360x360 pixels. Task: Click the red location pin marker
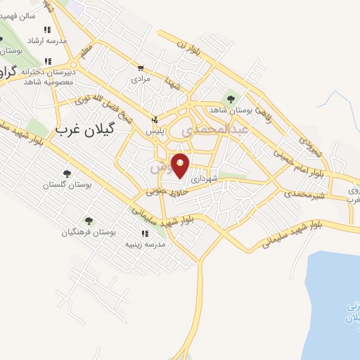coord(181,165)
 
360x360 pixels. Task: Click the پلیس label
coord(155,131)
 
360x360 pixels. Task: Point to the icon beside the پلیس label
coord(155,120)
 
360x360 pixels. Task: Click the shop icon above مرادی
coord(141,68)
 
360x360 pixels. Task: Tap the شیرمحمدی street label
coord(306,195)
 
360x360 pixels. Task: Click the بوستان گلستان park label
coord(67,184)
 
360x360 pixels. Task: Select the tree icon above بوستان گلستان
coord(67,172)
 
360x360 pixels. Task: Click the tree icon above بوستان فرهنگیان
coord(89,220)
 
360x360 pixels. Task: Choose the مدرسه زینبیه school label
coord(145,244)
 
